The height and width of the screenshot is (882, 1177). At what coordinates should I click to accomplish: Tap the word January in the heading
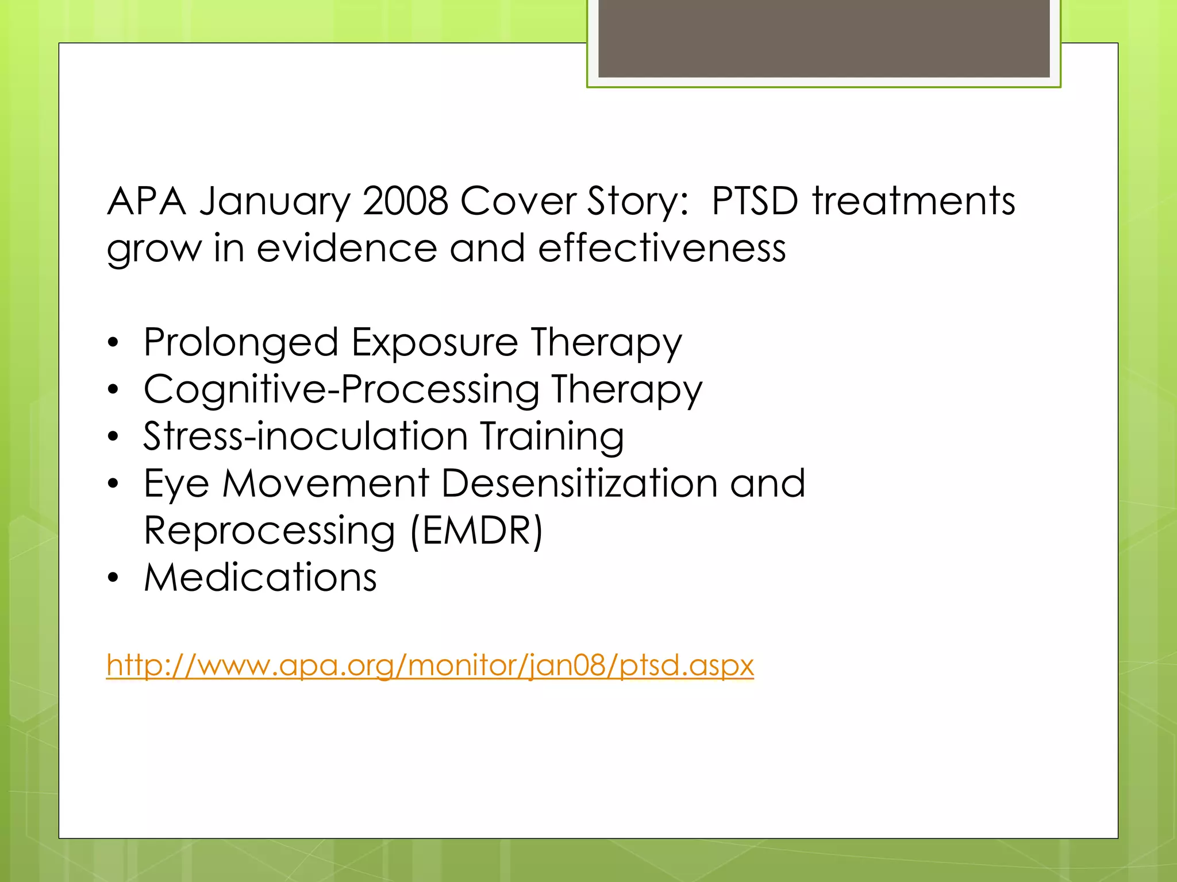(275, 202)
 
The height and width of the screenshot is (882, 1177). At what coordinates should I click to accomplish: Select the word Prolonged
(241, 343)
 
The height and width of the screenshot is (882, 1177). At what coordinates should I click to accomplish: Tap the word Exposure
(434, 343)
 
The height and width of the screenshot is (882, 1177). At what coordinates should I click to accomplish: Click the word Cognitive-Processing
(341, 390)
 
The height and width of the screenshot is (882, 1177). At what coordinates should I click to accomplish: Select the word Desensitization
(579, 483)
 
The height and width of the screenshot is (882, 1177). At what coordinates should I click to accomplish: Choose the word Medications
(260, 578)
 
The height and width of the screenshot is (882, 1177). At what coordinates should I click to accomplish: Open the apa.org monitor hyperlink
(430, 666)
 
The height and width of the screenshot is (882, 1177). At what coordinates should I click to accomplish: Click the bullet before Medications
(113, 578)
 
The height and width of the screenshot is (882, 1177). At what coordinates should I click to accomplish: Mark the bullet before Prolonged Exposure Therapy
(113, 343)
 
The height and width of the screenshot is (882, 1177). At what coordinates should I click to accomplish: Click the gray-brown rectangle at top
(824, 38)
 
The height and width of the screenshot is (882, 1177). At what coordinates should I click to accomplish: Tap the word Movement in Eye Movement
(326, 483)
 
